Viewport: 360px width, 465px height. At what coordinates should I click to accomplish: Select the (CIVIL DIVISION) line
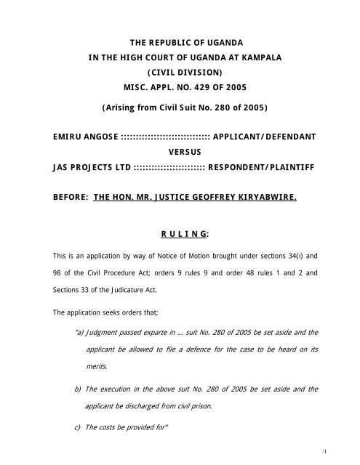pyautogui.click(x=180, y=72)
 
